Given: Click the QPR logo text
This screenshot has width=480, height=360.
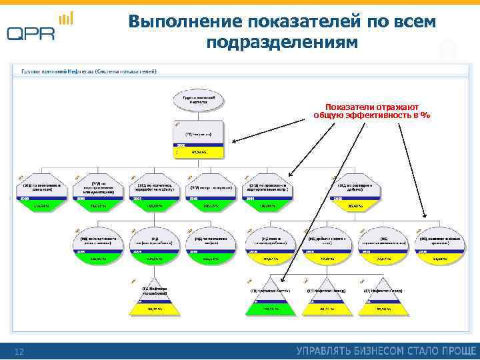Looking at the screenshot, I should point(31,33).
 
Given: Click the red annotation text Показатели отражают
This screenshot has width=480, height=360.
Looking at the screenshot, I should point(371,107).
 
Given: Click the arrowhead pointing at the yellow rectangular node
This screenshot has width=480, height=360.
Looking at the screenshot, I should point(233,141).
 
